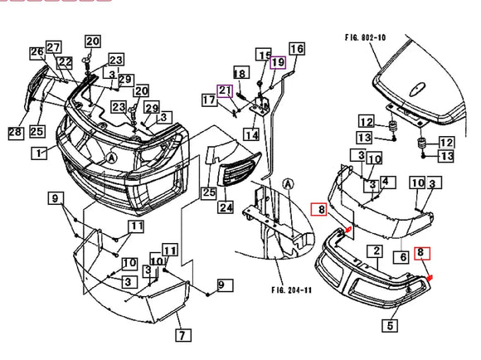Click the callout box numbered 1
(x=38, y=153)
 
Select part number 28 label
(x=15, y=132)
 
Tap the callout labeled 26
(x=36, y=52)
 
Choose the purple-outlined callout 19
(x=277, y=62)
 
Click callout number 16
(x=296, y=49)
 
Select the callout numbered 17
(x=209, y=101)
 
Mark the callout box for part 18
(x=240, y=74)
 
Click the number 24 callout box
(x=226, y=207)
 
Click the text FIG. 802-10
(x=377, y=36)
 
